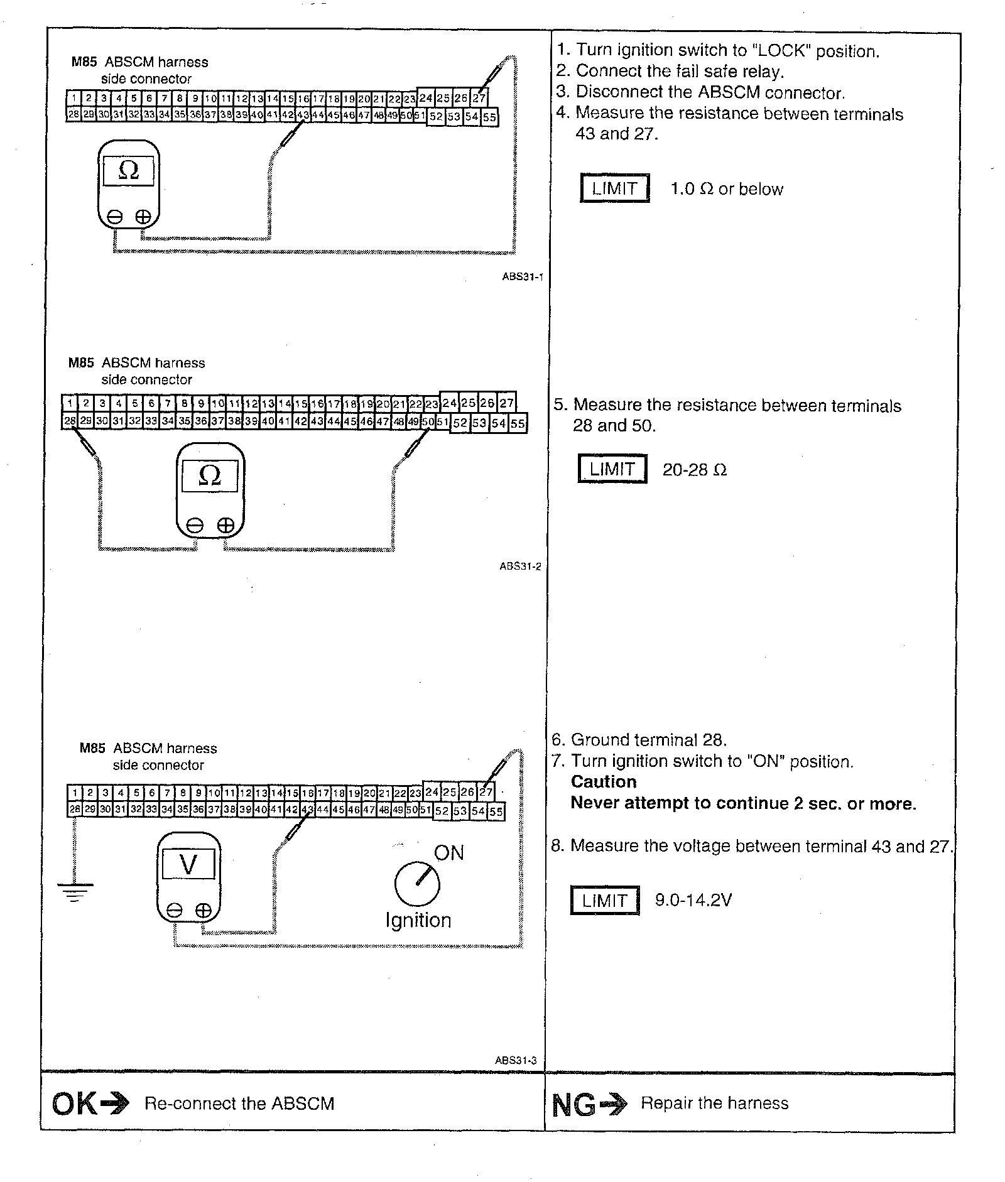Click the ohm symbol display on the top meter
(128, 170)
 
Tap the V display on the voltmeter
(188, 865)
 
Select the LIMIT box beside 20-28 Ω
(612, 469)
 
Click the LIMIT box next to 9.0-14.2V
(604, 901)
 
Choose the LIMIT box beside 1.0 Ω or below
(614, 188)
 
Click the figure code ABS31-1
(522, 276)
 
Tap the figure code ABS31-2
(520, 566)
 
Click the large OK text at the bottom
(74, 1103)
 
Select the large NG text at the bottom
(573, 1105)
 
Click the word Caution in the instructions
(603, 782)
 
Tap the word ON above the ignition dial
(448, 853)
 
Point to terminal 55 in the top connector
(489, 117)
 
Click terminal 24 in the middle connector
(449, 403)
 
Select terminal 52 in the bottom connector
(442, 811)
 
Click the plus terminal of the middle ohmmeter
(225, 526)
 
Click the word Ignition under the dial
(418, 920)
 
